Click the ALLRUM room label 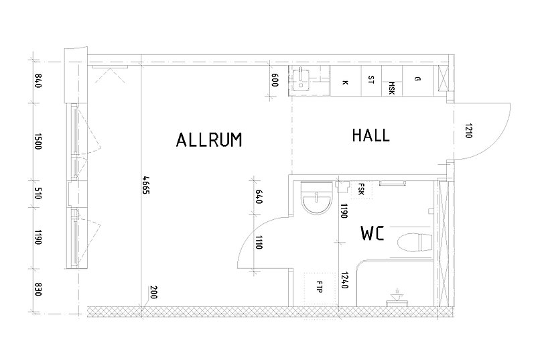point(209,140)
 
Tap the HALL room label point(371,135)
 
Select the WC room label point(373,233)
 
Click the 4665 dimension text point(146,185)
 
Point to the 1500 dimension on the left point(38,141)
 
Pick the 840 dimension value point(38,80)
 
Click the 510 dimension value point(38,193)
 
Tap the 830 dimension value point(38,289)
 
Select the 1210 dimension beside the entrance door point(468,131)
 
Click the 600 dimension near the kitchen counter point(275,80)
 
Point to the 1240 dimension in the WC point(344,280)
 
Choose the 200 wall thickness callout point(153,292)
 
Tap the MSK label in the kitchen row point(391,88)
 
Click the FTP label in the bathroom point(320,287)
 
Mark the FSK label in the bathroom point(361,190)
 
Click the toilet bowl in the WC point(415,243)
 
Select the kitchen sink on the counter point(301,80)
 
